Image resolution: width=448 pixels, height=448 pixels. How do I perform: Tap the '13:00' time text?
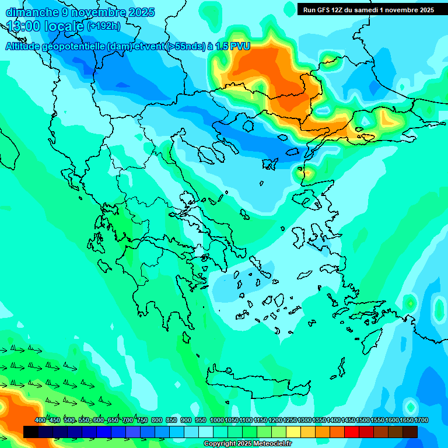pyautogui.click(x=23, y=26)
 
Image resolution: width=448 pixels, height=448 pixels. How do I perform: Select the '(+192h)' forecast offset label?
pyautogui.click(x=103, y=26)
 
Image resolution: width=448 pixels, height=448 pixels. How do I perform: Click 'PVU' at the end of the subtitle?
pyautogui.click(x=240, y=47)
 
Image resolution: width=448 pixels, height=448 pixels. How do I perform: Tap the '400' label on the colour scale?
pyautogui.click(x=40, y=420)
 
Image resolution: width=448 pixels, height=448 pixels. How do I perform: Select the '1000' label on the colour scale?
pyautogui.click(x=216, y=420)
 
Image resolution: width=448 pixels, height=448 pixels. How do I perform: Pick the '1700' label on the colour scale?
pyautogui.click(x=421, y=420)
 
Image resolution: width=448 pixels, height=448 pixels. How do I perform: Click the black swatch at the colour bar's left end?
pyautogui.click(x=31, y=432)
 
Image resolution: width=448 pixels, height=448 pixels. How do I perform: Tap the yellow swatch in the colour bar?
pyautogui.click(x=293, y=432)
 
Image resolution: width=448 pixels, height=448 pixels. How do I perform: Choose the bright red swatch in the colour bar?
pyautogui.click(x=352, y=432)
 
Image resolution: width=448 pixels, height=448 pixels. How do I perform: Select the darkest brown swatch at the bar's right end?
pyautogui.click(x=410, y=432)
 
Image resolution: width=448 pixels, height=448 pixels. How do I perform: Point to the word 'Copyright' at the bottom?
pyautogui.click(x=220, y=444)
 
